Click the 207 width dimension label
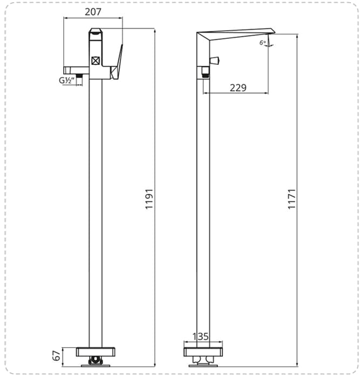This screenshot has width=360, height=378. click(x=93, y=12)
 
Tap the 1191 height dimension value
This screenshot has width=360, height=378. click(x=150, y=199)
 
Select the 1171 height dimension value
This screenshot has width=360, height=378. click(x=292, y=199)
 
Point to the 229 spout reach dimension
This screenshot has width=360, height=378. click(x=238, y=87)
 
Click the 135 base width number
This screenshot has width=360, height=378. click(x=200, y=336)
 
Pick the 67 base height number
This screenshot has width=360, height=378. click(x=57, y=356)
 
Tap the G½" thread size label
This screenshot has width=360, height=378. click(x=66, y=80)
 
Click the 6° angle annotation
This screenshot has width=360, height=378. click(x=263, y=43)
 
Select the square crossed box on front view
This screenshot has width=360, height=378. click(x=96, y=60)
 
